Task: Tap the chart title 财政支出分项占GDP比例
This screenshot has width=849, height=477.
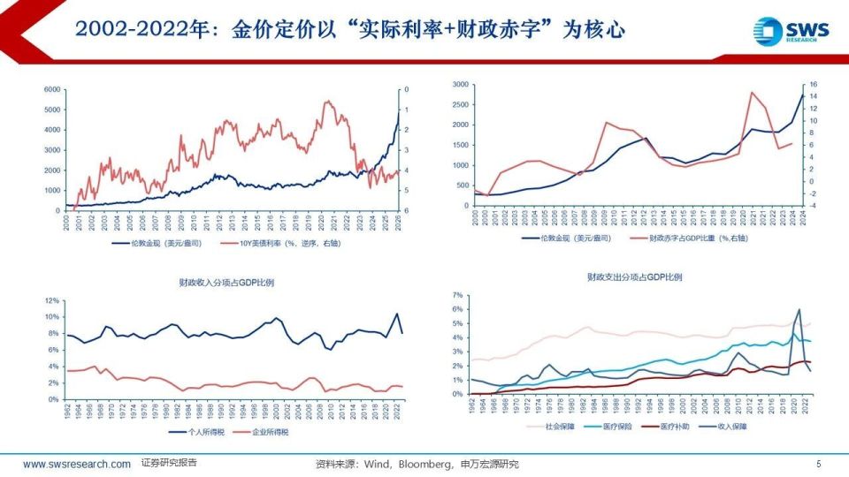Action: tap(634, 277)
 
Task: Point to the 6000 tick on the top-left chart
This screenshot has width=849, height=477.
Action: tap(51, 90)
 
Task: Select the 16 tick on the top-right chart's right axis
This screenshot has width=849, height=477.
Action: tap(813, 85)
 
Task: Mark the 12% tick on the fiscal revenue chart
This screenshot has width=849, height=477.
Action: tap(51, 301)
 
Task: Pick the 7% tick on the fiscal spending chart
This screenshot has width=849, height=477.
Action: tap(457, 295)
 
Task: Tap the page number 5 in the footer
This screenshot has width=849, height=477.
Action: tap(818, 464)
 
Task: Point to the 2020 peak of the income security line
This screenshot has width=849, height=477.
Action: tap(799, 310)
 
